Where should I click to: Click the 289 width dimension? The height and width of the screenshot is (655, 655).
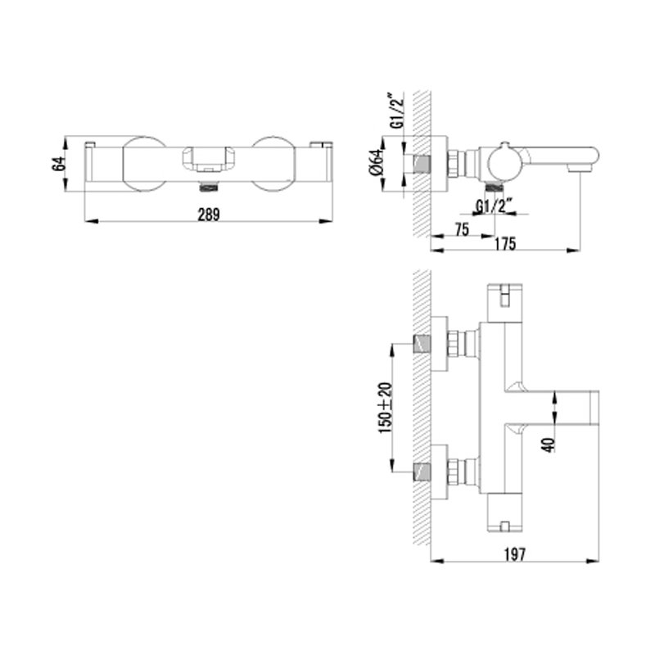209,215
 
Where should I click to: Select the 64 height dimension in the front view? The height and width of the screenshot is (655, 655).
59,163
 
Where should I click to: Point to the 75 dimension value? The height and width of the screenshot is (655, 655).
462,229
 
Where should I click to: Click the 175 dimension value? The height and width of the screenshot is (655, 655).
505,243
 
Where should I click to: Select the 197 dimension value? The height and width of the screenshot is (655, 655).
514,554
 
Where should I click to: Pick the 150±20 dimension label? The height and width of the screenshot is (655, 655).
386,408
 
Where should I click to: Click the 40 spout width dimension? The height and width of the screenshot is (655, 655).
549,445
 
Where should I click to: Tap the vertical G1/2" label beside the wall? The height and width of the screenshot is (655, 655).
398,111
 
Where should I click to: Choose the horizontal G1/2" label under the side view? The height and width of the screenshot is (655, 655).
495,206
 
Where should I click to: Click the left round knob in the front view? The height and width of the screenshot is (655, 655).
144,164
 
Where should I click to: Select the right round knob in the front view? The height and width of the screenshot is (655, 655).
274,164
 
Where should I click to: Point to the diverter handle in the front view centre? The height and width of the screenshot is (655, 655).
209,159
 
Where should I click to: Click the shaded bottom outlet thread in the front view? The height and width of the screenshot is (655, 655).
209,187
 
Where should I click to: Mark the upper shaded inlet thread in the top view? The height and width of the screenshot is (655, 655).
422,344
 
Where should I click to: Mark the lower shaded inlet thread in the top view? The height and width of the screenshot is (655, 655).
422,472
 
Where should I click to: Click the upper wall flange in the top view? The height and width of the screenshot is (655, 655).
439,344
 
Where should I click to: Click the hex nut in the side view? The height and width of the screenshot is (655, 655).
453,163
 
